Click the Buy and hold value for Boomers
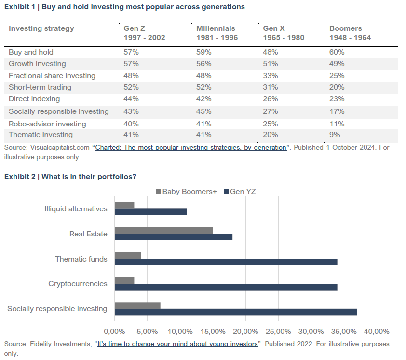(337, 52)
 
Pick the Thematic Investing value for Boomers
(335, 135)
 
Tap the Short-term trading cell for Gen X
(270, 87)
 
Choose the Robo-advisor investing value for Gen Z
(131, 124)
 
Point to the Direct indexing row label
(34, 99)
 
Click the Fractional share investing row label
(52, 76)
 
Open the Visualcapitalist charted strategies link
(190, 148)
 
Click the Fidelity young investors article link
(178, 344)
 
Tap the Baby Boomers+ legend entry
(187, 192)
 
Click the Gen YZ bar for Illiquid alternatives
(150, 212)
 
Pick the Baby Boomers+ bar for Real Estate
(163, 230)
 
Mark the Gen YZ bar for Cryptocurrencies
(226, 287)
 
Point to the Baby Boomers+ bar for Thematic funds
(128, 255)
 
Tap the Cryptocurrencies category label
(78, 284)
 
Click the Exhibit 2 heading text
(70, 177)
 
